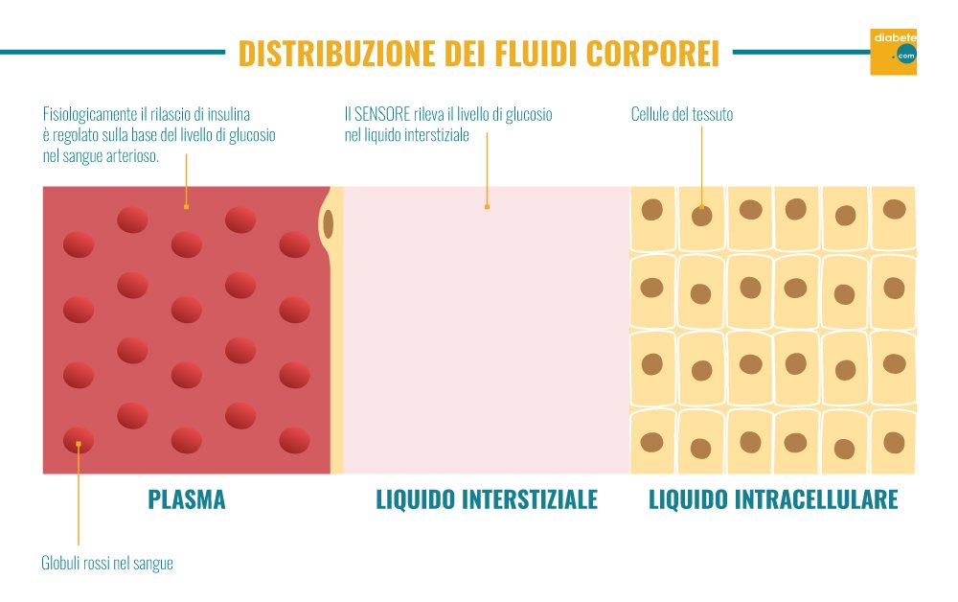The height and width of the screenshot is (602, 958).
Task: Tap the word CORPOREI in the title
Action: point(652,53)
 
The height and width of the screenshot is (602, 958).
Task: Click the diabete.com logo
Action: point(893,52)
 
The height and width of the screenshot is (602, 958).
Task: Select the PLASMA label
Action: point(187,499)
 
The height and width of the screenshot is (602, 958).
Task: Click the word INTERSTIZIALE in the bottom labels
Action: point(530,499)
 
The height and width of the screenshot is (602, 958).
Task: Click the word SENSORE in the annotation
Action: point(382,114)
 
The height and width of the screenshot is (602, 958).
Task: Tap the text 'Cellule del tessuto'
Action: point(682,114)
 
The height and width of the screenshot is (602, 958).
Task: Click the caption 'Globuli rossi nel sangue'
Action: point(107,563)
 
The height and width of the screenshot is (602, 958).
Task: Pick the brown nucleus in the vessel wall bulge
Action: point(328,223)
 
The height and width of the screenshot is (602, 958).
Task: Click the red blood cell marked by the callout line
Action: point(79,440)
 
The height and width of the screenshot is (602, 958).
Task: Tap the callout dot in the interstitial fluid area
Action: point(487,207)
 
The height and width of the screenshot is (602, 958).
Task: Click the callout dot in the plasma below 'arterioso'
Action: point(186,207)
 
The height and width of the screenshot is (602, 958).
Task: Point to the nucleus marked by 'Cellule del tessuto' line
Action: point(701,216)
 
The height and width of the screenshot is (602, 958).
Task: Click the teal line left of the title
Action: point(112,52)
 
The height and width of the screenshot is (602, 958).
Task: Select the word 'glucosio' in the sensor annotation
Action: point(529,115)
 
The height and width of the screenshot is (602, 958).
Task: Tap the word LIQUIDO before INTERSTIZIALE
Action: point(416,499)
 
